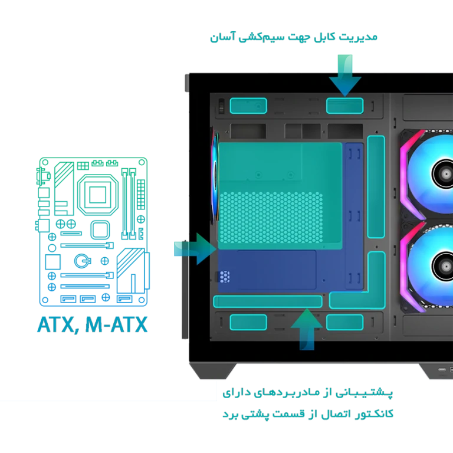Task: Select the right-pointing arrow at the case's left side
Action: click(195, 248)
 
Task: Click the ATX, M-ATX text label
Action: click(93, 324)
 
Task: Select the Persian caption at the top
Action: click(293, 38)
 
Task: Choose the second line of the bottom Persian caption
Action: click(309, 415)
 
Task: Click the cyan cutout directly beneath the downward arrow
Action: click(344, 106)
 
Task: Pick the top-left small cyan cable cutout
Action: click(248, 106)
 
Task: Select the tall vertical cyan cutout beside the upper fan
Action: click(376, 184)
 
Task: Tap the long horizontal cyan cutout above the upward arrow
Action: click(267, 302)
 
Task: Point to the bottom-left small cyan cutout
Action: click(248, 322)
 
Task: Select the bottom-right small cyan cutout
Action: click(344, 322)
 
